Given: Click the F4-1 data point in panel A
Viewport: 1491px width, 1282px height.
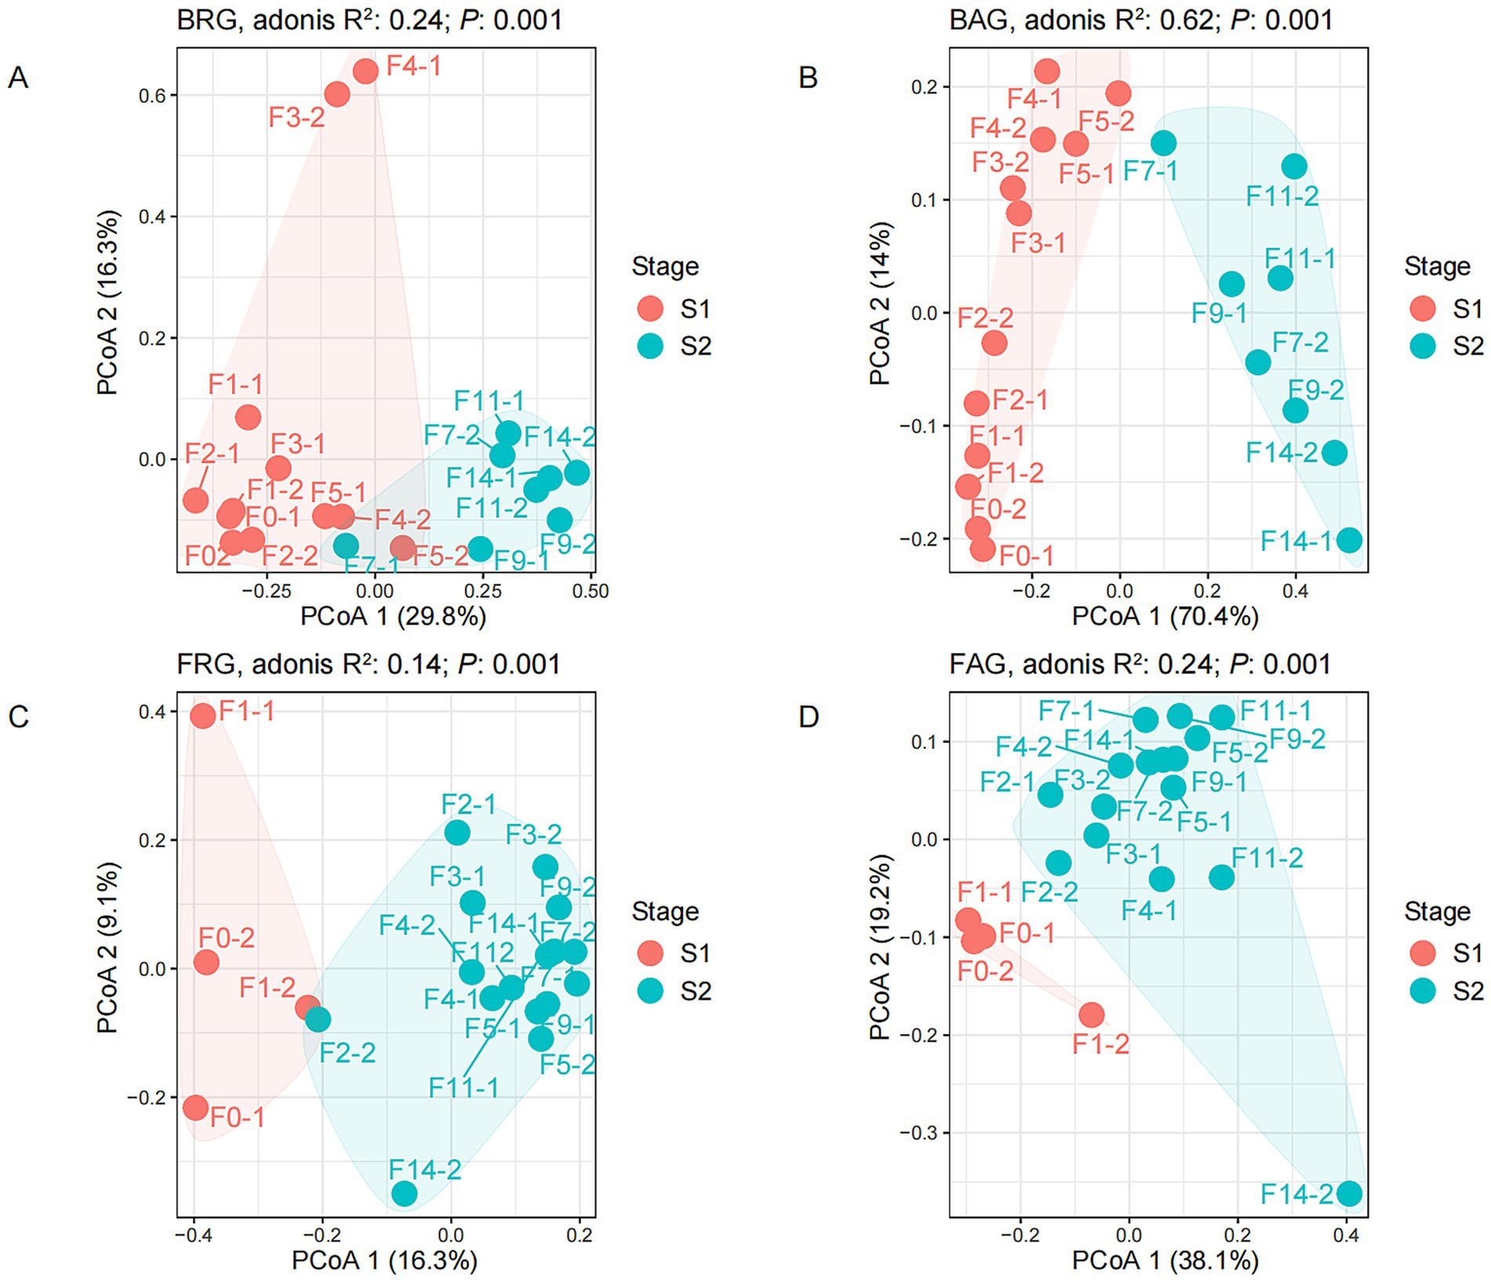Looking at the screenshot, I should coord(365,71).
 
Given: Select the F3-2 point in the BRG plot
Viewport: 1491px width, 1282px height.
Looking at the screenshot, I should coord(337,95).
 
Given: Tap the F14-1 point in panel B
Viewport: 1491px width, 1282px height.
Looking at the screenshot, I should coord(1349,540).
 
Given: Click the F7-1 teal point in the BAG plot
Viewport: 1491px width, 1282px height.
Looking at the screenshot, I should coord(1163,143).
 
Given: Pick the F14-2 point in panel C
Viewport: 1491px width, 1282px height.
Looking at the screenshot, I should coord(404,1194).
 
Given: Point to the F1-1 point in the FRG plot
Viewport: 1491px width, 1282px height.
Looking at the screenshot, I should coord(203,716).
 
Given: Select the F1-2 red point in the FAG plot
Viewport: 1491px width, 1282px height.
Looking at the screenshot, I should coord(1091,1015).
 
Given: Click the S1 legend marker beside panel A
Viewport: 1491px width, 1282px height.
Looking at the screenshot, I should coord(650,308).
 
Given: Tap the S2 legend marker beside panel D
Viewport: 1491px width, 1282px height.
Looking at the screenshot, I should coord(1422,991).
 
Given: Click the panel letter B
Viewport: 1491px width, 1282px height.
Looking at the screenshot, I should coord(808,78).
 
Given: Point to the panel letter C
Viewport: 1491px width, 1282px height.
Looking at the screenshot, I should coord(18,717).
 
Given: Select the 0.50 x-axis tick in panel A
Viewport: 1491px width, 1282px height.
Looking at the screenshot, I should coord(591,591).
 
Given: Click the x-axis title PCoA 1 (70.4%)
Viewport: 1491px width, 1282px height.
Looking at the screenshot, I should coord(1165,617).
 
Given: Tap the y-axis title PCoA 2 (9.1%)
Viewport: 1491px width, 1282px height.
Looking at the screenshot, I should coord(107,948).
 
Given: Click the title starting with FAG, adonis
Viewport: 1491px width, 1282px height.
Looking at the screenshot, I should coord(1140,665).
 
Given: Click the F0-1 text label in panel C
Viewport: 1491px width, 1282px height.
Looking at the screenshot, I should coord(238,1117).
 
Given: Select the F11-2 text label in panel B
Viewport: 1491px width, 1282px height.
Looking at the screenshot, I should coord(1282,195).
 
